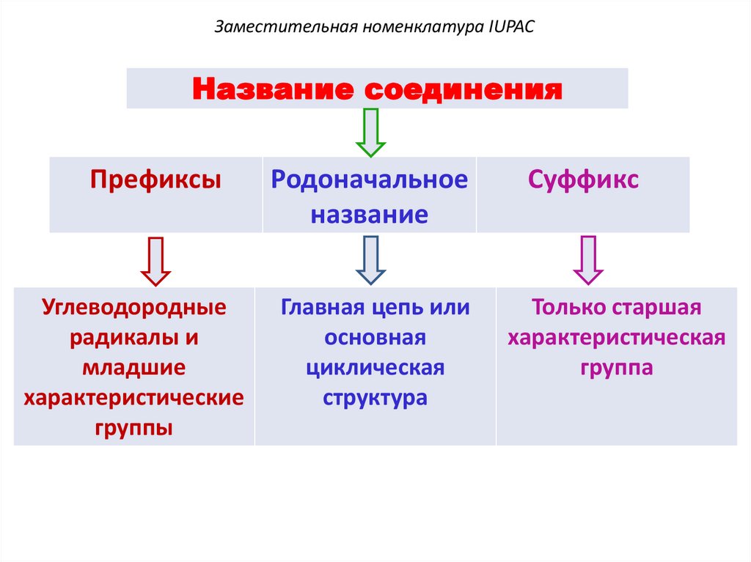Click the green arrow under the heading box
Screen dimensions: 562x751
click(370, 132)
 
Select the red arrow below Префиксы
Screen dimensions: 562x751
click(155, 260)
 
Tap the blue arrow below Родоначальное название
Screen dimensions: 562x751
click(370, 260)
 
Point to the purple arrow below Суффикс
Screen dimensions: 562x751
click(587, 260)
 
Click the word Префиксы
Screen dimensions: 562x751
click(155, 180)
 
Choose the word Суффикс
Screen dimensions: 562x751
click(584, 180)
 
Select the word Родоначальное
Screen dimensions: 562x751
click(370, 180)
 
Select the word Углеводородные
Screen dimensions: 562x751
click(134, 308)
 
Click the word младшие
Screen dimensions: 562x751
click(134, 368)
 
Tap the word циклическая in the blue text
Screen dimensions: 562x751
click(375, 368)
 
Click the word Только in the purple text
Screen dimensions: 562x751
click(568, 308)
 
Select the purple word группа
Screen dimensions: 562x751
click(617, 368)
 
